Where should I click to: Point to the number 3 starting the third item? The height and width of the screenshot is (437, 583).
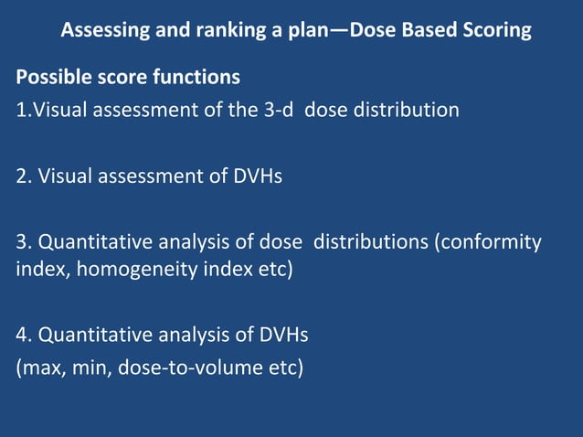[x=21, y=243]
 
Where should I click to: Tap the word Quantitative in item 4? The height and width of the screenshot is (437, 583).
[x=91, y=336]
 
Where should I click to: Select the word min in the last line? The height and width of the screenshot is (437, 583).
[x=90, y=370]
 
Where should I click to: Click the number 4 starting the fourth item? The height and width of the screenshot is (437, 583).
[x=21, y=336]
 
